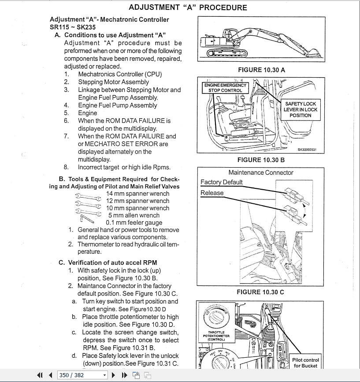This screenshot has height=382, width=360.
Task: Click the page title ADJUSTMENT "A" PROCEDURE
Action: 188,7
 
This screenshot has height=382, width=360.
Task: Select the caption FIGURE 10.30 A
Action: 261,70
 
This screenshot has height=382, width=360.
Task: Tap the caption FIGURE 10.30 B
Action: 261,160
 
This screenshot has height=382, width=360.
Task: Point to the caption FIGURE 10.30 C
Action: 260,292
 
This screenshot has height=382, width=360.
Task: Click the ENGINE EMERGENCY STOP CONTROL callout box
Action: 225,87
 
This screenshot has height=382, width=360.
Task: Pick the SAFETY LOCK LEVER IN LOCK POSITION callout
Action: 300,109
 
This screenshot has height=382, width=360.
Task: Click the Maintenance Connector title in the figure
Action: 260,172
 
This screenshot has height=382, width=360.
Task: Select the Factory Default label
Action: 221,182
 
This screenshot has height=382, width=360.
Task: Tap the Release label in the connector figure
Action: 212,193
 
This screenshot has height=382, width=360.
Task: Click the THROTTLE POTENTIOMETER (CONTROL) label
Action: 216,336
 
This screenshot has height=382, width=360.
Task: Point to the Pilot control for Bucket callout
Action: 305,363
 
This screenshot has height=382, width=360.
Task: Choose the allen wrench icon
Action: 85,218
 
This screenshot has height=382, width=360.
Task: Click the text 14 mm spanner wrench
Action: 137,194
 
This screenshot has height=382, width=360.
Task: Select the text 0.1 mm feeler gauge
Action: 134,223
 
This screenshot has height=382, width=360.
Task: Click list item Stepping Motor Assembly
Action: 113,82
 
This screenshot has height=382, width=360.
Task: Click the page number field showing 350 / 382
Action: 82,375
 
